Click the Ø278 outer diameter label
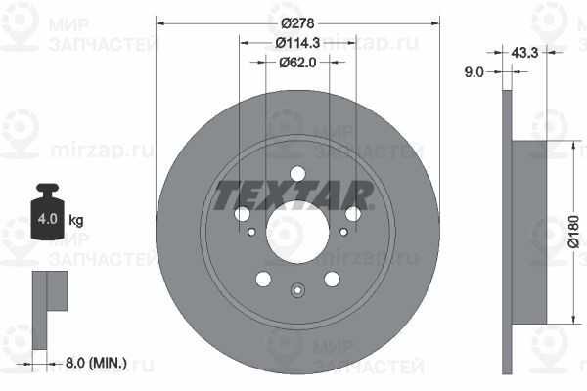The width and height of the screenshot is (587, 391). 297,23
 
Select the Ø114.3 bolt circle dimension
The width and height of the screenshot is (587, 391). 297,43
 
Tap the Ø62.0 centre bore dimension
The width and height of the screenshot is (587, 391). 297,63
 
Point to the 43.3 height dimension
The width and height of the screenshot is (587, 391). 524,53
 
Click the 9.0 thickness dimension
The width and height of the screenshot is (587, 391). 474,71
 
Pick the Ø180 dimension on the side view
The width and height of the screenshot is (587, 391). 573,232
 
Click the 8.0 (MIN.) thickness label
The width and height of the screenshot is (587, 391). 96,363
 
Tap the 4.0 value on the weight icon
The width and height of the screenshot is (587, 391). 48,219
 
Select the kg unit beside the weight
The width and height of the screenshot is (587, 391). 76,220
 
